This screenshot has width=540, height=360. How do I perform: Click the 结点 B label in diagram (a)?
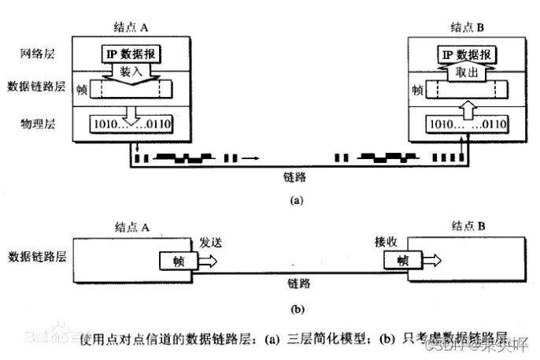point(467,26)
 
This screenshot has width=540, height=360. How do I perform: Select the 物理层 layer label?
point(37,124)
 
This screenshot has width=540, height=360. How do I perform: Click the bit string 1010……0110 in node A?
point(132,124)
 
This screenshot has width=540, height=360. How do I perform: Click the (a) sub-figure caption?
point(296,200)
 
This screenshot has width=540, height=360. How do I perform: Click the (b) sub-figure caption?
point(297,309)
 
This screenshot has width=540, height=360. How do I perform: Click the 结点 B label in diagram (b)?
point(467,226)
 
